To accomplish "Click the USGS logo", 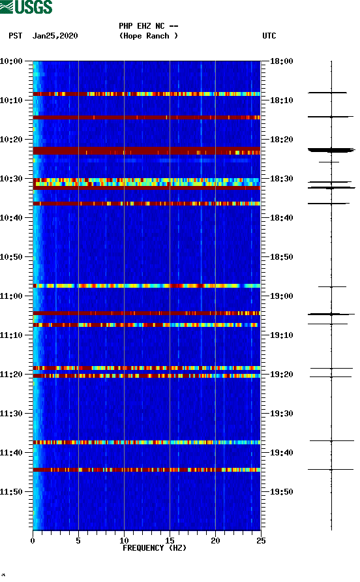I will click(26, 7).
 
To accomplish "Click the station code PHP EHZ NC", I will click(148, 26).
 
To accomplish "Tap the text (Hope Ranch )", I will click(148, 36).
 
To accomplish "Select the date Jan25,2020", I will click(55, 36).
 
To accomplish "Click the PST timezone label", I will click(16, 36).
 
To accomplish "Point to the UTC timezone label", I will click(269, 36).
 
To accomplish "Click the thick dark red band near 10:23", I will click(146, 151).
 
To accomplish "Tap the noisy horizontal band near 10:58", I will click(146, 286).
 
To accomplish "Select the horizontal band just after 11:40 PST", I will click(146, 469).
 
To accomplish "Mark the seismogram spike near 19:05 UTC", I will click(331, 314).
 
